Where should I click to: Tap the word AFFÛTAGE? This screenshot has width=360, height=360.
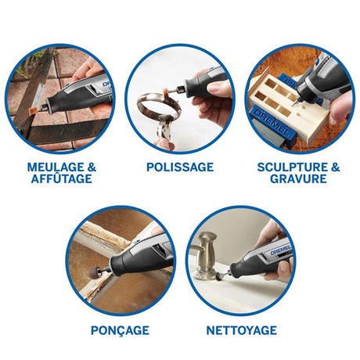[62, 178]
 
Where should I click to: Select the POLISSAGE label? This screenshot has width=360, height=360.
[180, 167]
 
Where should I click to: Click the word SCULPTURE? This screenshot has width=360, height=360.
[293, 167]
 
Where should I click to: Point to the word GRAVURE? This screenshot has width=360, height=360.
[298, 178]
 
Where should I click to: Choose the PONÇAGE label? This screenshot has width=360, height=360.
[120, 331]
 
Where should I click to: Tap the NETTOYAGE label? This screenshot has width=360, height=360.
[242, 330]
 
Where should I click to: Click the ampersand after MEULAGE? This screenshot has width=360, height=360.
[92, 167]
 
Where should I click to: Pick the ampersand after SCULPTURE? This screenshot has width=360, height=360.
[336, 167]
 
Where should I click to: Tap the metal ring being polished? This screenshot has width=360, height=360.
[159, 107]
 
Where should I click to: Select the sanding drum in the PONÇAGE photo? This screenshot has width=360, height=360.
[94, 273]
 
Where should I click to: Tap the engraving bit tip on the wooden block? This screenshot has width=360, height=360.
[293, 104]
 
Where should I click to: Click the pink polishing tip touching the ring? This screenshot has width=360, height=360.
[165, 93]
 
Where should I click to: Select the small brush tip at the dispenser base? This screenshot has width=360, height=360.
[218, 276]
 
